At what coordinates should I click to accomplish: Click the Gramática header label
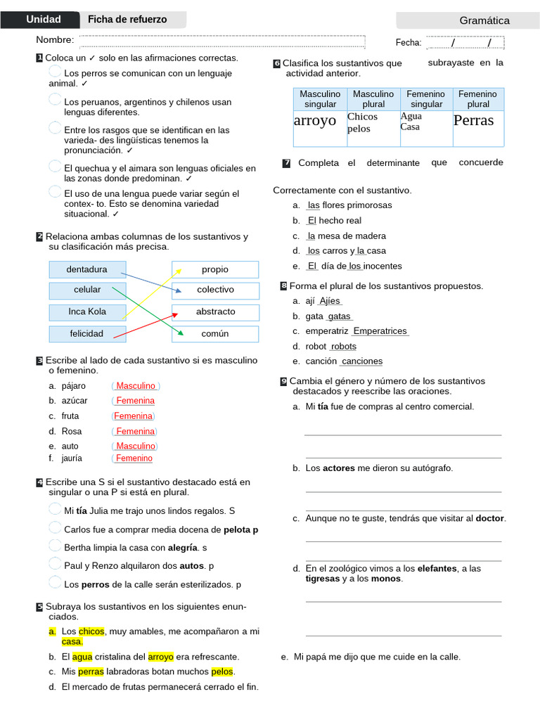(x=484, y=20)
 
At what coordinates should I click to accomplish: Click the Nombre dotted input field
(x=222, y=42)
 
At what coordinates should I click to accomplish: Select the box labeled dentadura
(x=87, y=269)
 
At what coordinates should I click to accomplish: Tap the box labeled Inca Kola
(x=87, y=311)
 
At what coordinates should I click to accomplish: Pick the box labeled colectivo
(x=215, y=290)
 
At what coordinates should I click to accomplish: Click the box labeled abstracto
(x=215, y=311)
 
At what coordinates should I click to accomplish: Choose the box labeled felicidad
(x=87, y=333)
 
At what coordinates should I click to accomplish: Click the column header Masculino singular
(x=320, y=99)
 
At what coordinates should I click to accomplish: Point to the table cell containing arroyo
(x=315, y=120)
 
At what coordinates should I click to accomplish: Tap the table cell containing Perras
(x=474, y=120)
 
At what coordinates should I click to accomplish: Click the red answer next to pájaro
(x=136, y=386)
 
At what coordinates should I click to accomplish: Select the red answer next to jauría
(x=134, y=458)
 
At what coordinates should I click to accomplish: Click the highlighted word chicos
(x=91, y=631)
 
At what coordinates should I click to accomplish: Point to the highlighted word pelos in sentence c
(x=222, y=671)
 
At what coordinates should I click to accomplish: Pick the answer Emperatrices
(x=380, y=331)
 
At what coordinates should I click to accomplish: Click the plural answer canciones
(x=361, y=361)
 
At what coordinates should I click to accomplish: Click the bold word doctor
(x=490, y=518)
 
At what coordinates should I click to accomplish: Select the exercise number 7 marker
(x=286, y=163)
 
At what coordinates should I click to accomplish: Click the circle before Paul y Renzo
(x=55, y=564)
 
